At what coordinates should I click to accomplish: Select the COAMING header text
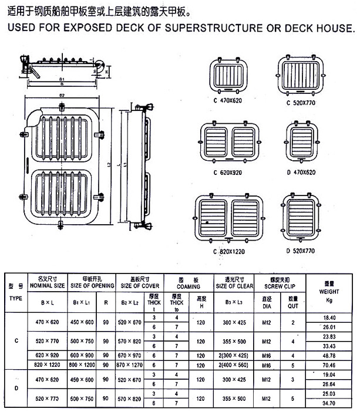[x=188, y=286]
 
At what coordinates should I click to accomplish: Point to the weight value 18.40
[x=328, y=317]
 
